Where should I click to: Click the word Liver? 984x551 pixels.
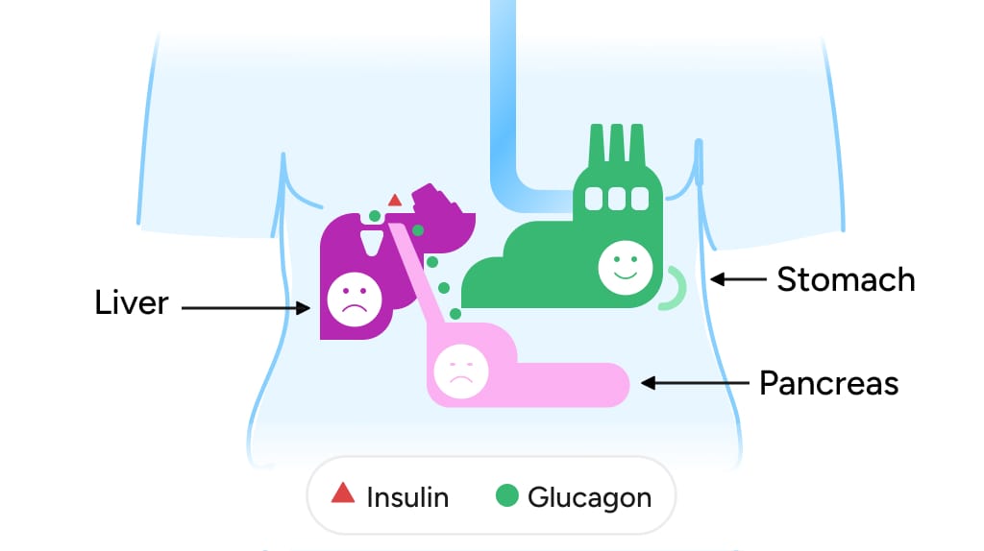click(132, 303)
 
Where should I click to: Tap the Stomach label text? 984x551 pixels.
click(846, 279)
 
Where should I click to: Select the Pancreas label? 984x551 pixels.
click(828, 383)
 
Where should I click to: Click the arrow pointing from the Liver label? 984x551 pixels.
click(245, 308)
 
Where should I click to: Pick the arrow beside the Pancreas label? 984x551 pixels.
click(694, 383)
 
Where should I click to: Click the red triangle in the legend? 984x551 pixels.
click(343, 493)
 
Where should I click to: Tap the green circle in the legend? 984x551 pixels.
click(507, 496)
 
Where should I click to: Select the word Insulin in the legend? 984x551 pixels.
click(407, 497)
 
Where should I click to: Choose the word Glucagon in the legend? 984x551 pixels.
click(590, 497)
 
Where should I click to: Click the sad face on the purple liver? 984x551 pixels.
click(355, 299)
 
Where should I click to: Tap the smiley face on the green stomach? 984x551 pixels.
click(625, 266)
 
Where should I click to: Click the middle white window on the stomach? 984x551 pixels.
click(616, 198)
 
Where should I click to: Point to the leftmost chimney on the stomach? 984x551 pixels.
click(597, 146)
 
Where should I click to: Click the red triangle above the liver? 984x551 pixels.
click(394, 201)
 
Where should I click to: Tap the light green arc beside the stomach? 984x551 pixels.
click(675, 288)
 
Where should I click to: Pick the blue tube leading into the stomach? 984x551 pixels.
click(504, 106)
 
